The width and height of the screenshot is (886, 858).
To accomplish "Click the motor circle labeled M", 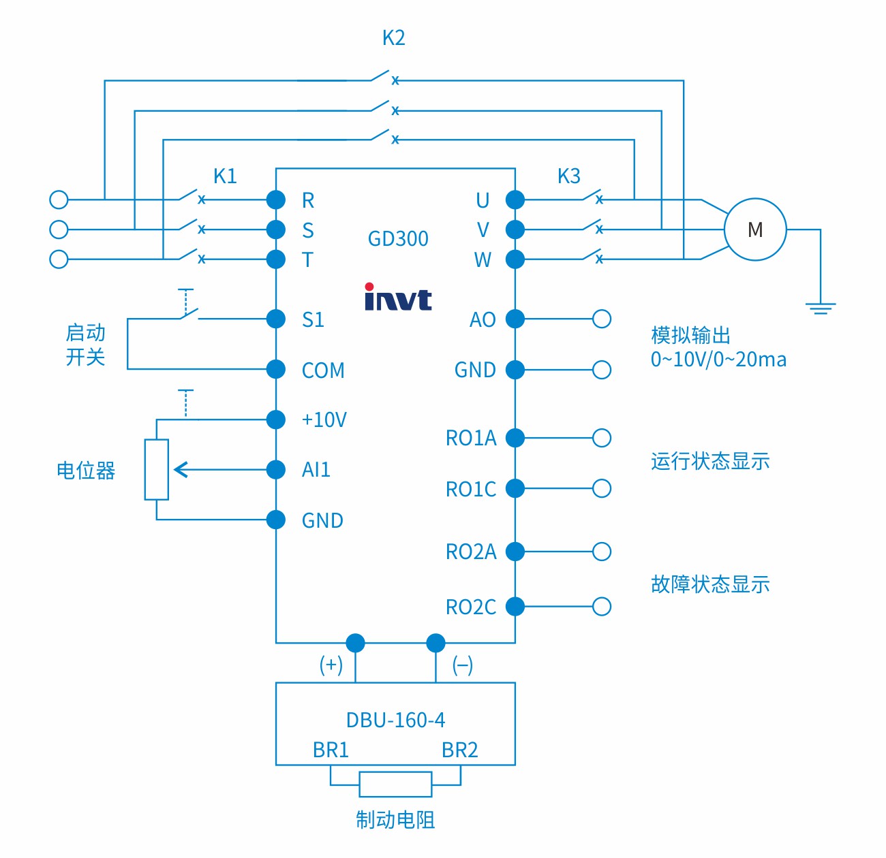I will (754, 229).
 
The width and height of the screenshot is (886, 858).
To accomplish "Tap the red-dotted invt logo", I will (398, 298).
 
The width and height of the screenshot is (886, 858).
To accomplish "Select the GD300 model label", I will (398, 239).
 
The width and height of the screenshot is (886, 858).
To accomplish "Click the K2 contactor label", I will (393, 38).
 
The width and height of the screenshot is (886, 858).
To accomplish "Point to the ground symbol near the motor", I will (821, 307).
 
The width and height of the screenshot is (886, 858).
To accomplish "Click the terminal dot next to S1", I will (276, 319).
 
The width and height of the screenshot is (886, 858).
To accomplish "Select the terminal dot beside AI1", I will (276, 469).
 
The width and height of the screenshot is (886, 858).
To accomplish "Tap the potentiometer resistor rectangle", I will (157, 470).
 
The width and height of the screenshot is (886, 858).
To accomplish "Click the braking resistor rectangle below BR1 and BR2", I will (395, 784).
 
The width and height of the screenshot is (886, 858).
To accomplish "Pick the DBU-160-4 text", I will (395, 720).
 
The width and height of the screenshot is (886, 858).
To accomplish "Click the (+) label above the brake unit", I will (331, 665).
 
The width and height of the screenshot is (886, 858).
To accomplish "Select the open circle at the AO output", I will (602, 319).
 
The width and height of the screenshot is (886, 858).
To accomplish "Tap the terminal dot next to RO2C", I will (515, 606).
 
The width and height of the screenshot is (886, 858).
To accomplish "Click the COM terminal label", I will (323, 370).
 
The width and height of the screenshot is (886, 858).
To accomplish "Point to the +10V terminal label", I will (324, 419).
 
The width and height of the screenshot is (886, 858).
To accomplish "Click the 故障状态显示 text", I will (710, 584).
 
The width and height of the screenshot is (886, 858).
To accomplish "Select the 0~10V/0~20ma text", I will (718, 360).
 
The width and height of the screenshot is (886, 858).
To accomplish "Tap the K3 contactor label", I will (568, 176).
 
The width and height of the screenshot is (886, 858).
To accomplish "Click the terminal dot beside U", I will (515, 200).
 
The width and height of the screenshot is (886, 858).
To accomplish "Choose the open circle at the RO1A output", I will (602, 438).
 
